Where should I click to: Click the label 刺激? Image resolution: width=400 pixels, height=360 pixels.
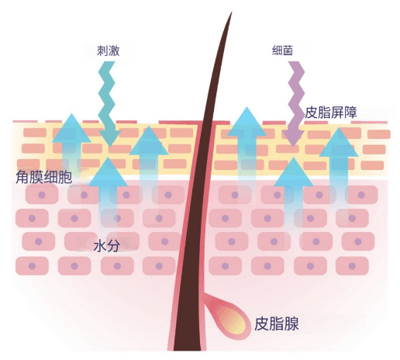pos(109,50)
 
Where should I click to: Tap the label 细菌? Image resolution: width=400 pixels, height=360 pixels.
pos(282,50)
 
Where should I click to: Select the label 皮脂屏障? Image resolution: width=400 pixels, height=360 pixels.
pos(331,112)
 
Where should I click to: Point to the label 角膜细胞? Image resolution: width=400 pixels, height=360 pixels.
pos(44,177)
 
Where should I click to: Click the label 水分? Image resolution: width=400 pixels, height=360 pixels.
pos(106,246)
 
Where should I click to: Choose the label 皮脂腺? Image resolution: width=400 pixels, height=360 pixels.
pos(277,324)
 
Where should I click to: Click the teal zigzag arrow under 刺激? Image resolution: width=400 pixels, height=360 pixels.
pos(109,103)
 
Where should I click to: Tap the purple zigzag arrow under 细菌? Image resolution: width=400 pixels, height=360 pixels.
pos(294,103)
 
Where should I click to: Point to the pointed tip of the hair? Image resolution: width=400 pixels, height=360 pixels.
pos(232,12)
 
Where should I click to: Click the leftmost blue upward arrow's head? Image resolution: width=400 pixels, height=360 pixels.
pos(71,128)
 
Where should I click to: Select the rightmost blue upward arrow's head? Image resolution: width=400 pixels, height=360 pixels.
pos(339,142)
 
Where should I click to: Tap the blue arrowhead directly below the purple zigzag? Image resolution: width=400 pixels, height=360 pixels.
pos(293,171)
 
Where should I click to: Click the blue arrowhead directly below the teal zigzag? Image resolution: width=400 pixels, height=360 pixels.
pos(108,171)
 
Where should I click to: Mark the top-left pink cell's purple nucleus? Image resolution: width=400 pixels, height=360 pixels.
pos(42,195)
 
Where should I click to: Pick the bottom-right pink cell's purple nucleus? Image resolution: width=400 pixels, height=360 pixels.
pos(352,266)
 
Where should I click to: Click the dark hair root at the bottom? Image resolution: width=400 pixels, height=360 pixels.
pos(188,336)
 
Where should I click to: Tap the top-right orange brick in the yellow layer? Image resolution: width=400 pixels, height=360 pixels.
pos(379,134)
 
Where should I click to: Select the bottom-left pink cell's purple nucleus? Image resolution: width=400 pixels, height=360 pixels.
pos(32,266)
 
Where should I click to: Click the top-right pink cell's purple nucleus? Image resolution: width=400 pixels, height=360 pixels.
pos(361,195)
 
